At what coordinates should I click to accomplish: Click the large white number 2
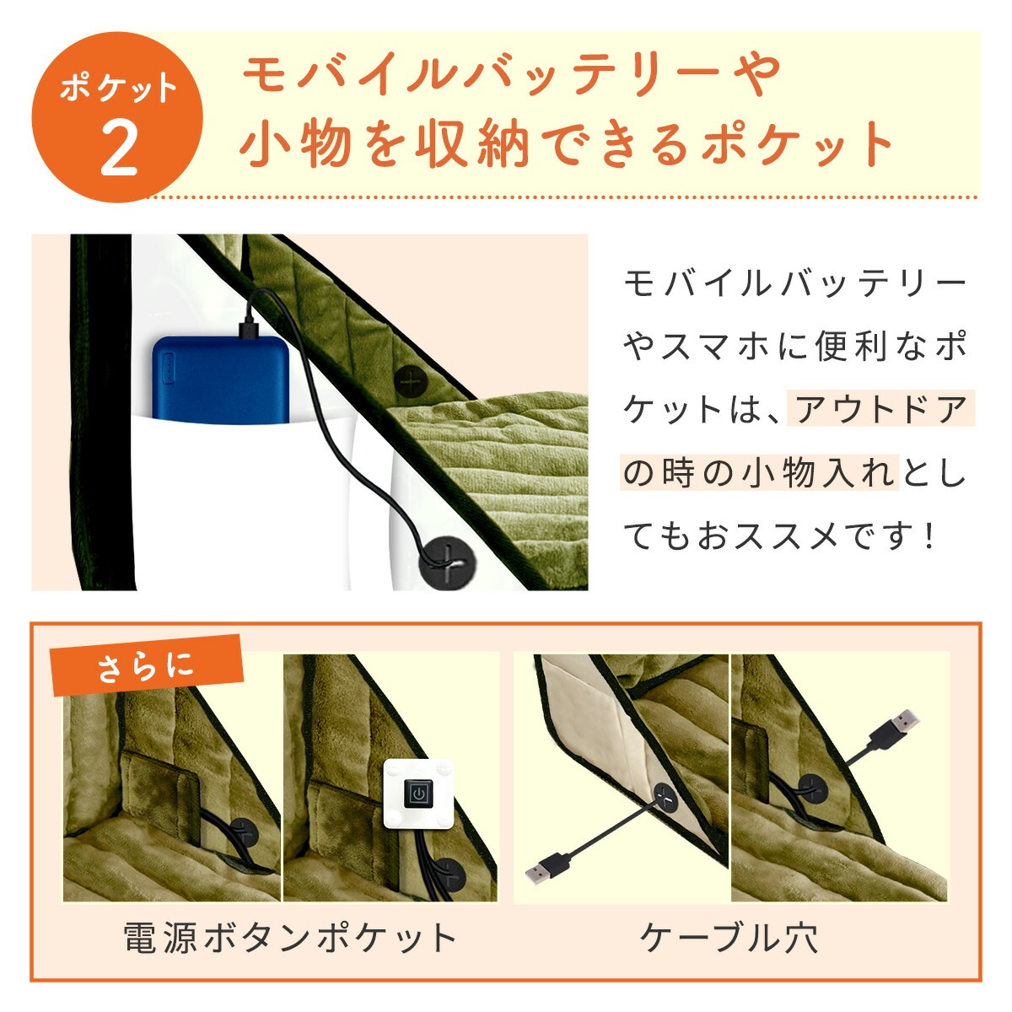[119, 151]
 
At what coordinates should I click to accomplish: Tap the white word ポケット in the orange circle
[118, 89]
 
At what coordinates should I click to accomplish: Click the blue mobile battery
[220, 379]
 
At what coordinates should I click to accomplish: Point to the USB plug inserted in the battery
[247, 331]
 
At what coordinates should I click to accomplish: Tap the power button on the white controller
[417, 808]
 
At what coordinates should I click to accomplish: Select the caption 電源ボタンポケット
[290, 938]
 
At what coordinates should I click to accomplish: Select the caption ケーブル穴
[729, 938]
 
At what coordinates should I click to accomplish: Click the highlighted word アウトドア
[881, 410]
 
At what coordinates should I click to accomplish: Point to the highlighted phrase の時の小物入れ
[759, 473]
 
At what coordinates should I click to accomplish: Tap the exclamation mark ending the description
[929, 536]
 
